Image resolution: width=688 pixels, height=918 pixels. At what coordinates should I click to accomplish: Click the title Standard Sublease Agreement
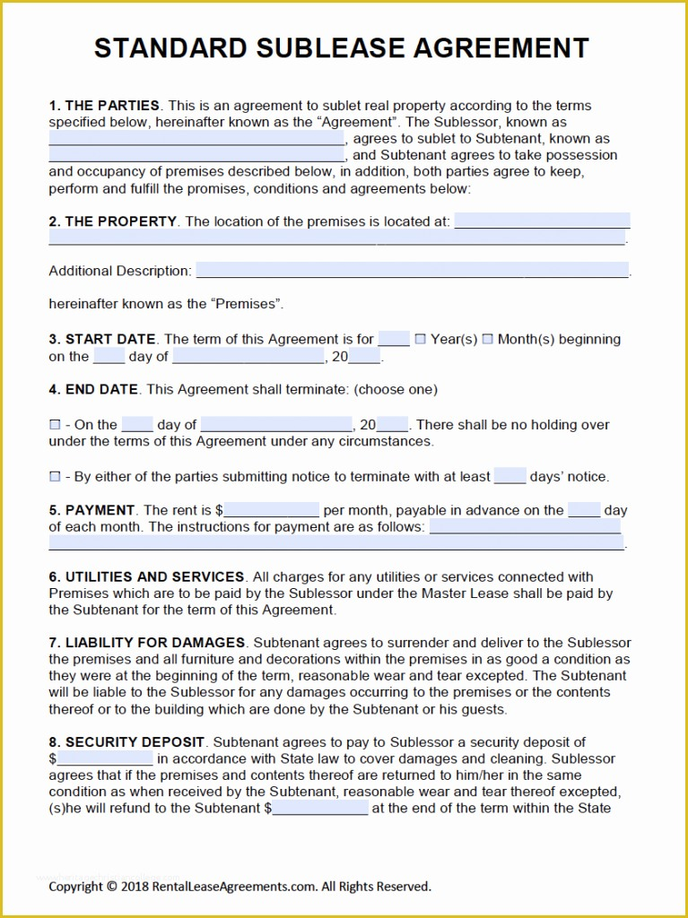342,48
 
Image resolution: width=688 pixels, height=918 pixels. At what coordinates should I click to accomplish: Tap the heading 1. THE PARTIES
104,106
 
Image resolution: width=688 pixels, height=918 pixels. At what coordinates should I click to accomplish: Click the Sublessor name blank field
196,139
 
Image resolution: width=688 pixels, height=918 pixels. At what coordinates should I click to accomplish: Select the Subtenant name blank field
196,155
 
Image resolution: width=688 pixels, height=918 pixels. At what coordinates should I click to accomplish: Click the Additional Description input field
412,271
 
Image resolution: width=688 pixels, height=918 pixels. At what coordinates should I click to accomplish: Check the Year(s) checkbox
421,340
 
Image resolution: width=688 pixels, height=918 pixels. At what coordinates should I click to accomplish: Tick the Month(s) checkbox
488,340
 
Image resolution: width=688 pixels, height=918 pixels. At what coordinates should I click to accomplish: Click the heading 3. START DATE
102,340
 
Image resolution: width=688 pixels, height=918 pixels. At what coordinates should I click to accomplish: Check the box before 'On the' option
55,425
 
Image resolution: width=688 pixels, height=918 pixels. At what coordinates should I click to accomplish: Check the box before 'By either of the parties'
55,477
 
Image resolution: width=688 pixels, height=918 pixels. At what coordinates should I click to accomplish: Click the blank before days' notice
509,477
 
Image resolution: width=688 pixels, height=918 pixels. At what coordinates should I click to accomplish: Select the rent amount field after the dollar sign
272,511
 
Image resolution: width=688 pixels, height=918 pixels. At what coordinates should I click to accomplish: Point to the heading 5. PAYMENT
92,511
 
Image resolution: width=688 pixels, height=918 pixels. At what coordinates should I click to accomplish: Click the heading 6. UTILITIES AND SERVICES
146,577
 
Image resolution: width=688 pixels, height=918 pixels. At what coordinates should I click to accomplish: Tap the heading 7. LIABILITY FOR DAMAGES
147,643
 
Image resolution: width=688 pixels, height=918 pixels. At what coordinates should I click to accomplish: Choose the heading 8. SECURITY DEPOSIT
127,742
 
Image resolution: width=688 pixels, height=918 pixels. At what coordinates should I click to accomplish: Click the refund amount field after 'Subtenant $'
320,809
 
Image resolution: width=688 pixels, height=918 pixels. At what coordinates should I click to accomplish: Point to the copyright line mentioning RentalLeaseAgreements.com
239,887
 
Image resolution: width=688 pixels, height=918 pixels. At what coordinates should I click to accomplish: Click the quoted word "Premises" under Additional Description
247,305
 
